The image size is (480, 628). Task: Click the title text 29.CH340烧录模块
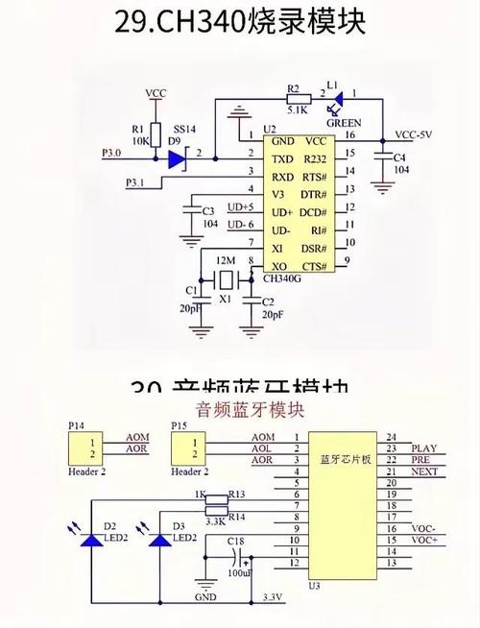click(239, 23)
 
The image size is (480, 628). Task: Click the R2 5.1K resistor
click(296, 98)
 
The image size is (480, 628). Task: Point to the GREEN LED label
click(343, 123)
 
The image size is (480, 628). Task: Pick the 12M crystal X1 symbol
click(226, 281)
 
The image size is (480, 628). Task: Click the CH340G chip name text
click(282, 279)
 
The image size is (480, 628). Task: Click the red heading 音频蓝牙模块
click(250, 410)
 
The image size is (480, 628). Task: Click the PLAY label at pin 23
click(423, 448)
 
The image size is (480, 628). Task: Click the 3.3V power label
click(272, 597)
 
